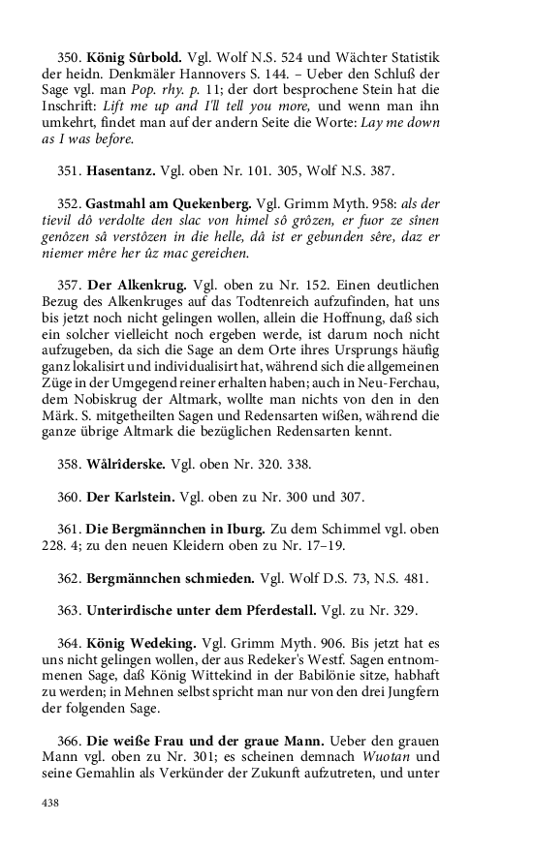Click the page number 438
[50, 803]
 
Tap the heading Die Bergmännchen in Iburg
[173, 530]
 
